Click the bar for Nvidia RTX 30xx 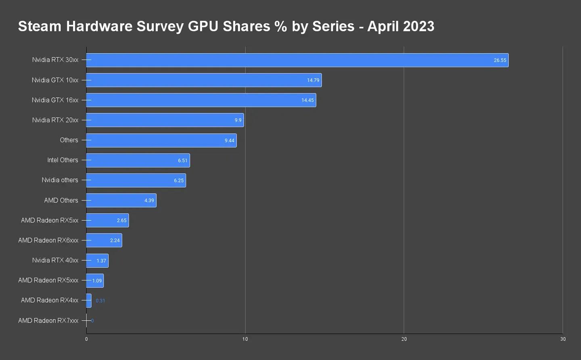[297, 60]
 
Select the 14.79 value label [313, 80]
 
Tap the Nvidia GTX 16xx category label [55, 100]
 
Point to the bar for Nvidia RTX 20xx [165, 120]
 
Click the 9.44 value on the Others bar [229, 140]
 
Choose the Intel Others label [63, 160]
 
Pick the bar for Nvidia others [136, 180]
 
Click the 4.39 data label [149, 201]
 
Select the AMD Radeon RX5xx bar [107, 220]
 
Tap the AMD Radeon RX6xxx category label [48, 241]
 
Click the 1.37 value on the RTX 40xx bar [101, 261]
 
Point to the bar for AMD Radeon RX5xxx [95, 280]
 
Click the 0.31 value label [100, 301]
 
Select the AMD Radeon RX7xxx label [48, 320]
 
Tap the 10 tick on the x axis [245, 339]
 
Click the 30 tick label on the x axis [563, 339]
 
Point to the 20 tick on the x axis [404, 339]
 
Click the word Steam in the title [40, 26]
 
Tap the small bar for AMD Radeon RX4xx [89, 301]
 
